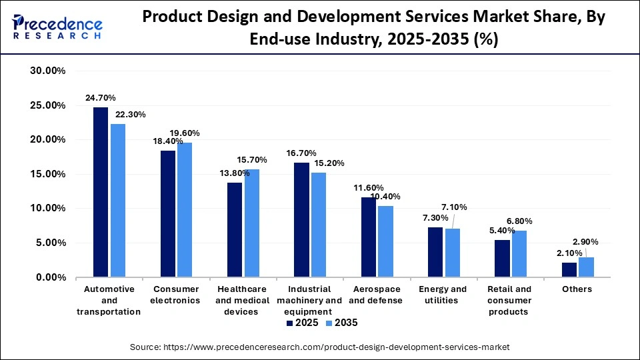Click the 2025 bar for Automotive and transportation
point(101,192)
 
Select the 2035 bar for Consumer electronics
point(185,209)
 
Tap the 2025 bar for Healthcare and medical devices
point(235,229)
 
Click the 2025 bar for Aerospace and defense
point(369,237)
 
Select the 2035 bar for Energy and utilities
point(453,253)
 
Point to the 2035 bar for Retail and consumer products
point(519,253)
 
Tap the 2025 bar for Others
point(569,269)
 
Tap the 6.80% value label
point(519,221)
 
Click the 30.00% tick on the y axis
point(47,71)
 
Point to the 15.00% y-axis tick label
point(47,175)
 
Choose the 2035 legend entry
point(341,323)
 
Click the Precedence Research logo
point(57,27)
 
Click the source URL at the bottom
point(320,347)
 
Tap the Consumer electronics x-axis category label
point(177,295)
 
